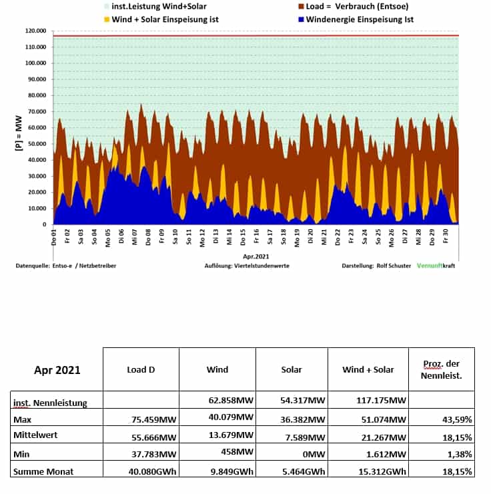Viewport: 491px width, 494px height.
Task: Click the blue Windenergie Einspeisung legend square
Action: pyautogui.click(x=301, y=19)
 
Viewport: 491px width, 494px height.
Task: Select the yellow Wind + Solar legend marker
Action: pyautogui.click(x=107, y=19)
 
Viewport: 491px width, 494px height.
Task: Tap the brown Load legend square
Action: pyautogui.click(x=301, y=6)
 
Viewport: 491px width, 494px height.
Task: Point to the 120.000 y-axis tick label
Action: pyautogui.click(x=35, y=31)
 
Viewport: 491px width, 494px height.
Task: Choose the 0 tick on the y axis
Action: pyautogui.click(x=45, y=225)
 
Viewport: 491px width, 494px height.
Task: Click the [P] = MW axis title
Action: pyautogui.click(x=19, y=133)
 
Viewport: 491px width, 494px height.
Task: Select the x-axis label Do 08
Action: pyautogui.click(x=148, y=237)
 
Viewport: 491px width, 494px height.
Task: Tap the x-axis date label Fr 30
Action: pyautogui.click(x=446, y=236)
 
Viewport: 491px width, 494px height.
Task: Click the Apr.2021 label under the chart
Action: pyautogui.click(x=256, y=257)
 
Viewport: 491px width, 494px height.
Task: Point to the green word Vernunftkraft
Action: pyautogui.click(x=436, y=265)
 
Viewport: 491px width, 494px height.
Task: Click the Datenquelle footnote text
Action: pyautogui.click(x=66, y=265)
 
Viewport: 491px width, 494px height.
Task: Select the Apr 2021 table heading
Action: pyautogui.click(x=57, y=370)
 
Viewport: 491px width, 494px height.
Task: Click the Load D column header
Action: pyautogui.click(x=141, y=369)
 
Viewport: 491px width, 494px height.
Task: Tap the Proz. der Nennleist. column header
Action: pyautogui.click(x=442, y=369)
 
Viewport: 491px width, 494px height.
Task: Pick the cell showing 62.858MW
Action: pyautogui.click(x=231, y=400)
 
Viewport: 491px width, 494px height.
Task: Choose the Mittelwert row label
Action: pyautogui.click(x=35, y=435)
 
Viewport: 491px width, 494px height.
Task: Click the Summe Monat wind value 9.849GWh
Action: pyautogui.click(x=232, y=471)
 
